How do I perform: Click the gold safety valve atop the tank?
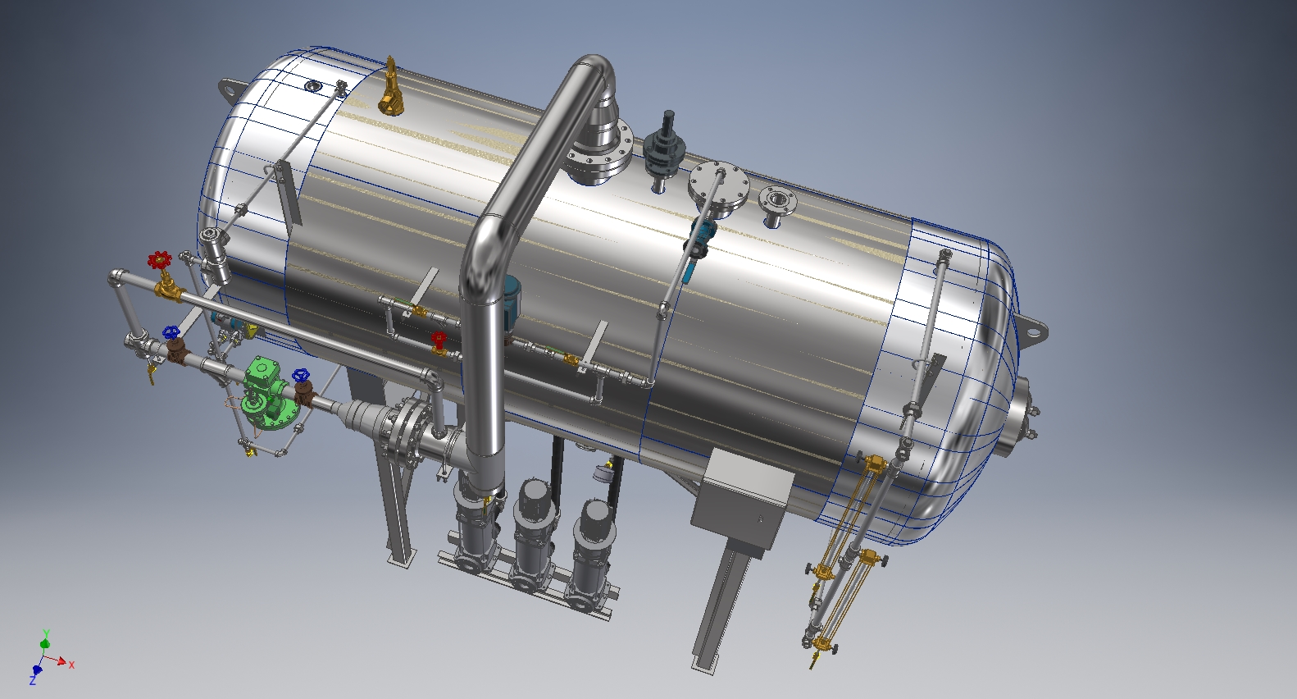coord(389,87)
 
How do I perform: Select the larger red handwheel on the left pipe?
coord(159,260)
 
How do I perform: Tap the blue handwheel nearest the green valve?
coord(301,375)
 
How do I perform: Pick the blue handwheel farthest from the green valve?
coord(171,333)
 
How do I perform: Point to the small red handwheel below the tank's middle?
coord(439,338)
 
